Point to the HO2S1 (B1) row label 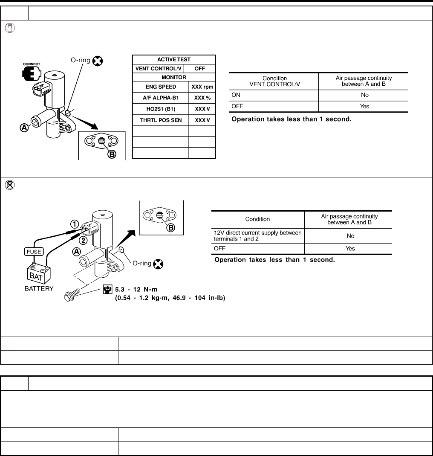pos(160,109)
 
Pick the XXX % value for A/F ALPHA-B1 pos(202,98)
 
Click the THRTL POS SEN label pos(160,120)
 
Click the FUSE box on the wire pos(35,251)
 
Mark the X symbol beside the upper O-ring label pos(98,61)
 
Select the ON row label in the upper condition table pos(236,95)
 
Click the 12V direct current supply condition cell pos(257,235)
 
